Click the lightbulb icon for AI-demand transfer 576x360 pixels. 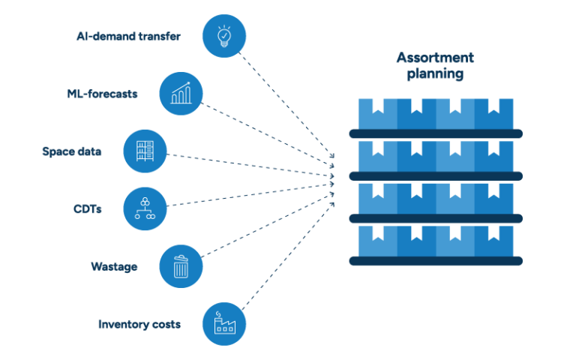[x=223, y=36]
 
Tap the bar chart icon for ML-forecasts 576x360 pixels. [x=181, y=93]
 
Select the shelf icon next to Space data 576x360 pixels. [x=145, y=151]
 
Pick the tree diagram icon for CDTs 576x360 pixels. [x=145, y=208]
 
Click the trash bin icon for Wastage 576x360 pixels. [x=181, y=266]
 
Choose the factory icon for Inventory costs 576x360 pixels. [x=223, y=324]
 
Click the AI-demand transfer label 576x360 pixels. [x=128, y=36]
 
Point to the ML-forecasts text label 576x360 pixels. [x=102, y=94]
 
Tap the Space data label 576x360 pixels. [x=71, y=151]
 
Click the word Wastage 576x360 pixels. [x=113, y=267]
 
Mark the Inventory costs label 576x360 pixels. [x=139, y=325]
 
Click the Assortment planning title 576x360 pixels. [x=435, y=66]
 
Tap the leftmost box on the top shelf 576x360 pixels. [x=377, y=113]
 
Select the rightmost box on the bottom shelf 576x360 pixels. [x=494, y=241]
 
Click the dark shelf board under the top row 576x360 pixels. [x=435, y=133]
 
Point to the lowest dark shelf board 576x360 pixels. [x=435, y=261]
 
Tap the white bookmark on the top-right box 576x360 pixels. [x=493, y=106]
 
